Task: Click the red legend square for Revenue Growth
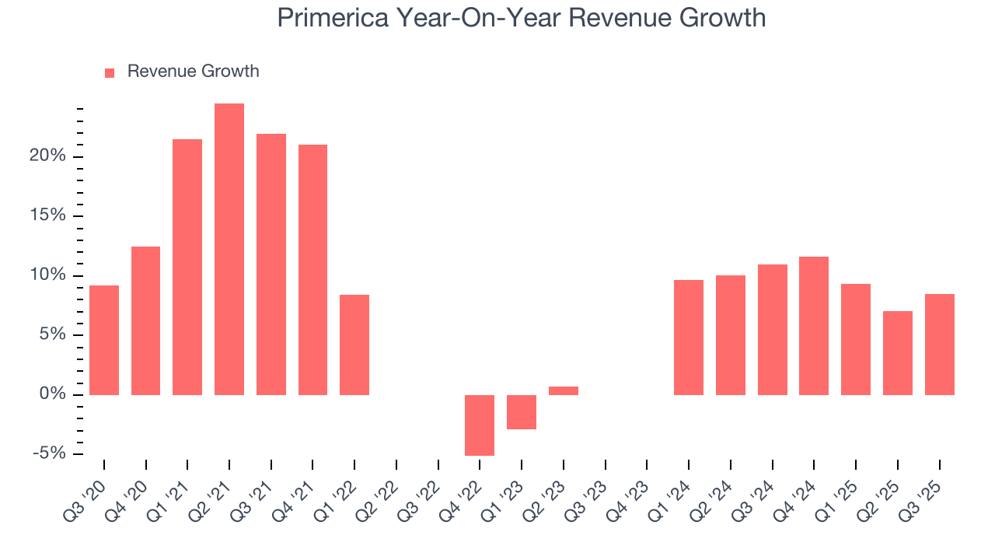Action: pos(110,72)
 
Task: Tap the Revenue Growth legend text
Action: pos(193,72)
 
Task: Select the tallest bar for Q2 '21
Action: pos(229,249)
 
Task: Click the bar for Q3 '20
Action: pos(104,340)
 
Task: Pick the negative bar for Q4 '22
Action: pos(480,425)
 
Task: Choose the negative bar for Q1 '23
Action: pos(522,411)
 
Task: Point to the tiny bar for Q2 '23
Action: pos(564,390)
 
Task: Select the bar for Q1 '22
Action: pos(354,345)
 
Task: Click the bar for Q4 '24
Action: pos(814,325)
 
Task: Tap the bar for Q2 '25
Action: pos(898,352)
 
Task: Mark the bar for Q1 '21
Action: pos(187,267)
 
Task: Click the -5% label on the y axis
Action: pos(49,454)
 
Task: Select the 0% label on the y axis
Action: pos(53,395)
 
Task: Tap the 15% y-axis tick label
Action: pos(49,216)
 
